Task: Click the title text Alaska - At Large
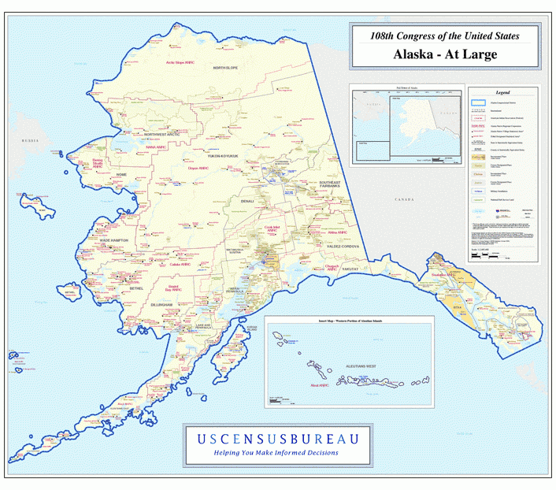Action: pyautogui.click(x=446, y=54)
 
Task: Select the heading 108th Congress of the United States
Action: pyautogui.click(x=446, y=35)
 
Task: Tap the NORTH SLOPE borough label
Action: pyautogui.click(x=230, y=69)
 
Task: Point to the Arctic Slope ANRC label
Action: pyautogui.click(x=180, y=62)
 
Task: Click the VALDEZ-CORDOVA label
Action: pyautogui.click(x=339, y=247)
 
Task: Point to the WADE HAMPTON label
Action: pyautogui.click(x=115, y=239)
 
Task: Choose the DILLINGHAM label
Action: pyautogui.click(x=158, y=303)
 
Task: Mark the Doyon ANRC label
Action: pyautogui.click(x=198, y=168)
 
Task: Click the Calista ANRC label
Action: pyautogui.click(x=180, y=265)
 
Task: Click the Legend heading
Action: pyautogui.click(x=502, y=93)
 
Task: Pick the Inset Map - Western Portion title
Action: pyautogui.click(x=350, y=321)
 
